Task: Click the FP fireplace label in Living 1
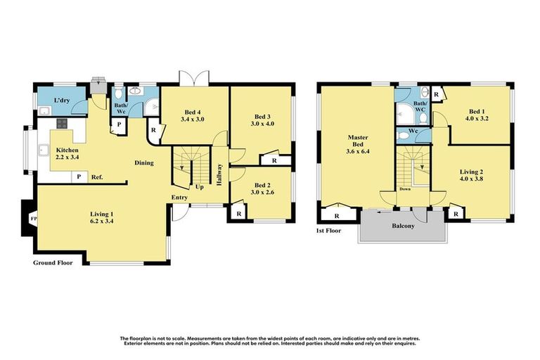[32, 219]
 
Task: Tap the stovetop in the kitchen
[61, 124]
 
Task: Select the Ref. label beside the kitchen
[97, 177]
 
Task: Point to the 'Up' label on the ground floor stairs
[199, 188]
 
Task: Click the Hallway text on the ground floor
[219, 173]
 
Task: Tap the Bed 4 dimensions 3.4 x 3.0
[194, 120]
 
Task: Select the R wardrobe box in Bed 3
[274, 160]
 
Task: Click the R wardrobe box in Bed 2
[239, 213]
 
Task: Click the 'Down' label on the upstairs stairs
[405, 188]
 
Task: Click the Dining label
[144, 162]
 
